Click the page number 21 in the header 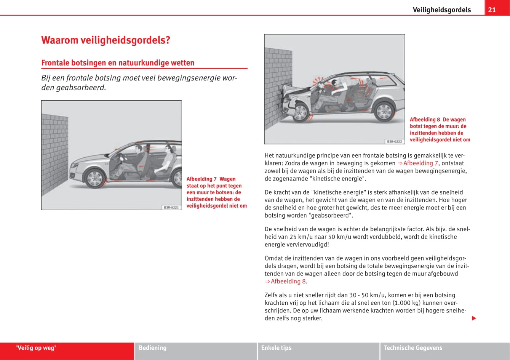coord(492,10)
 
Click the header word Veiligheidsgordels coord(441,10)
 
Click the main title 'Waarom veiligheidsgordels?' coord(106,40)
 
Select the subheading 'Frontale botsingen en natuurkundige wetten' coord(118,63)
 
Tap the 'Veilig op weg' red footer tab coord(36,348)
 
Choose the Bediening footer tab coord(153,348)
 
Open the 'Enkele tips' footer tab coord(276,348)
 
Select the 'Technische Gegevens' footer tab coord(413,348)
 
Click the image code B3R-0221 coord(171,207)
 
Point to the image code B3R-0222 coord(394,141)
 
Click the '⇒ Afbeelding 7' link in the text coord(417,163)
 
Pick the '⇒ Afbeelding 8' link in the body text coord(285,281)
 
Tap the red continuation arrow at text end coord(474,318)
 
